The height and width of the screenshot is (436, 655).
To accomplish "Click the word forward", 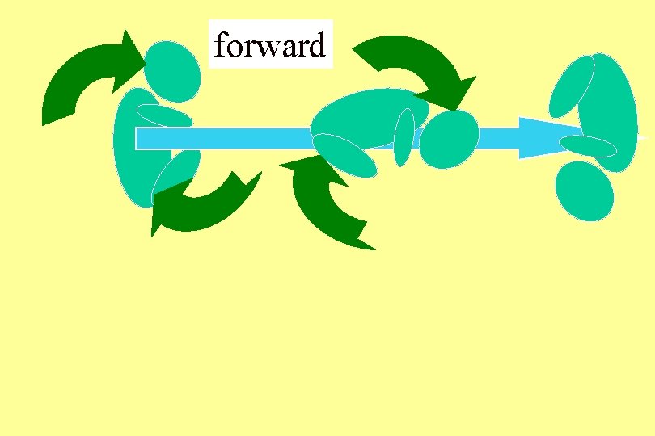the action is pyautogui.click(x=270, y=46).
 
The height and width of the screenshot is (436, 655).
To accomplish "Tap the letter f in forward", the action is pyautogui.click(x=221, y=46).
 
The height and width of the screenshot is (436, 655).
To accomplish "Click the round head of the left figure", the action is pyautogui.click(x=172, y=71).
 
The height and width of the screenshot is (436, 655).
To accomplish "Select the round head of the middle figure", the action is pyautogui.click(x=450, y=140).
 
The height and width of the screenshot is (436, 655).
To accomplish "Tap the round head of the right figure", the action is pyautogui.click(x=585, y=191).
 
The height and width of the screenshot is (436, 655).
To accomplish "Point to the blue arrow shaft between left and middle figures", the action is pyautogui.click(x=243, y=138).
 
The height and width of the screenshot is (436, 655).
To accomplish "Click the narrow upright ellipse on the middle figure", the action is pyautogui.click(x=404, y=137).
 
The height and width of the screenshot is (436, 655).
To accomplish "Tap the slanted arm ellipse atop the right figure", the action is pyautogui.click(x=572, y=86).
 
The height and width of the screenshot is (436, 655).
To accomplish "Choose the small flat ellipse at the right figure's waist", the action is pyautogui.click(x=588, y=146).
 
